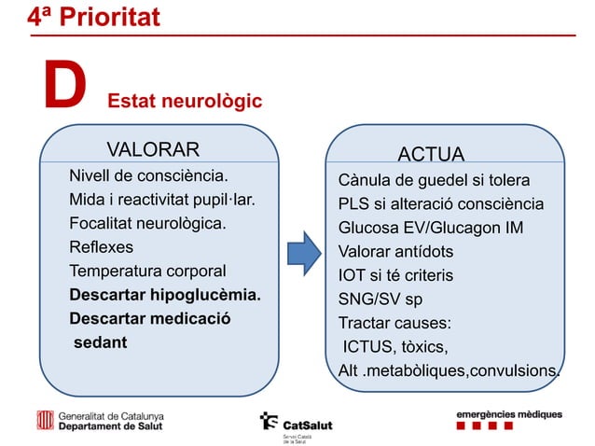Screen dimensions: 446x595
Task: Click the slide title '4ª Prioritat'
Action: (x=93, y=16)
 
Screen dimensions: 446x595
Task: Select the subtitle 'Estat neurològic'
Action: (x=185, y=100)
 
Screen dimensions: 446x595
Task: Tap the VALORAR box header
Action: (x=153, y=150)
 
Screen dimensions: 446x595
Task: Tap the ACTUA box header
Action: (x=431, y=154)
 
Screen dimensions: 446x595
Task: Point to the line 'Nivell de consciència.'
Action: (x=148, y=175)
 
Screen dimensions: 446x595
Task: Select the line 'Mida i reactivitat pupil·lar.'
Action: (x=161, y=200)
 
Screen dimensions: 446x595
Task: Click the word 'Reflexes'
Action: (x=101, y=247)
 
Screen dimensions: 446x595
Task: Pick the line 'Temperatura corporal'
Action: (x=146, y=272)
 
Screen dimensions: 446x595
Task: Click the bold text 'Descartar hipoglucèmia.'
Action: (x=164, y=296)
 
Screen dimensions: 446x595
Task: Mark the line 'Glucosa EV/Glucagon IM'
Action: (x=431, y=228)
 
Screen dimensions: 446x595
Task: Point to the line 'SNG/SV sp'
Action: (x=380, y=300)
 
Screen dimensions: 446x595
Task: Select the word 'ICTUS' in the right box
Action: (x=367, y=349)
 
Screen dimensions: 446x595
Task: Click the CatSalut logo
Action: (x=297, y=423)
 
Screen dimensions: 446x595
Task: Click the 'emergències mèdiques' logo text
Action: (x=508, y=413)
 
